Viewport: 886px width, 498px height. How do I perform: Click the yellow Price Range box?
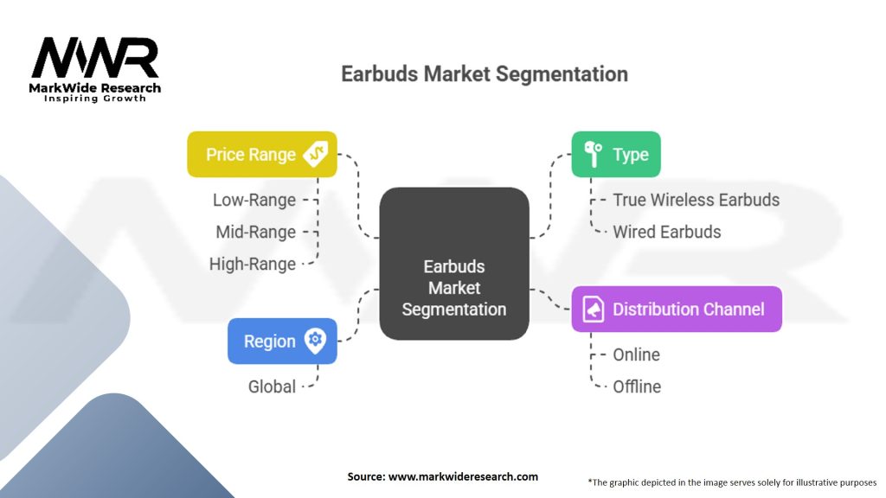coord(262,154)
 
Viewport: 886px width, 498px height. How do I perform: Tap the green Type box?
coord(616,154)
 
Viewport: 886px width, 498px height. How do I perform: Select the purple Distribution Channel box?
coord(677,309)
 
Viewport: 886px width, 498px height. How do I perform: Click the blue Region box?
coord(283,341)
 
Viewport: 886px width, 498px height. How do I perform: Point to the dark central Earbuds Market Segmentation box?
coord(454,264)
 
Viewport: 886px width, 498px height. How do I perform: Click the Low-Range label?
coord(254,200)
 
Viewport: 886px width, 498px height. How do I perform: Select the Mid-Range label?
coord(256,232)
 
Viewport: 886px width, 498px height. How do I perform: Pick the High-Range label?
coord(253,265)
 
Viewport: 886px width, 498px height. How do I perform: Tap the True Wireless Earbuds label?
coord(697,200)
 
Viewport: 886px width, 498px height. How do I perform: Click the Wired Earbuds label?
coord(667,232)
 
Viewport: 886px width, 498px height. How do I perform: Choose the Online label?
coord(636,354)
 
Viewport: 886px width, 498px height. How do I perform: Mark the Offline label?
coord(637,386)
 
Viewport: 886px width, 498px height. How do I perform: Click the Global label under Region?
coord(272,386)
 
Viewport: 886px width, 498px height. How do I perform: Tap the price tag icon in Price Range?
coord(315,154)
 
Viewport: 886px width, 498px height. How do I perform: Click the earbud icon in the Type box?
coord(593,154)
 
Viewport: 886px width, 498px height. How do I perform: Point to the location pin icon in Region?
coord(315,341)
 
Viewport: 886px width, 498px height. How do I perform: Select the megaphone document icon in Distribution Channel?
coord(594,309)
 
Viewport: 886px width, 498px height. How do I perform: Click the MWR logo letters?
coord(95,58)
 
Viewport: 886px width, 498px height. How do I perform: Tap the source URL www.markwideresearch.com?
coord(464,476)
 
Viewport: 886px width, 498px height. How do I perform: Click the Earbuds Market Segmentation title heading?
coord(485,74)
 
